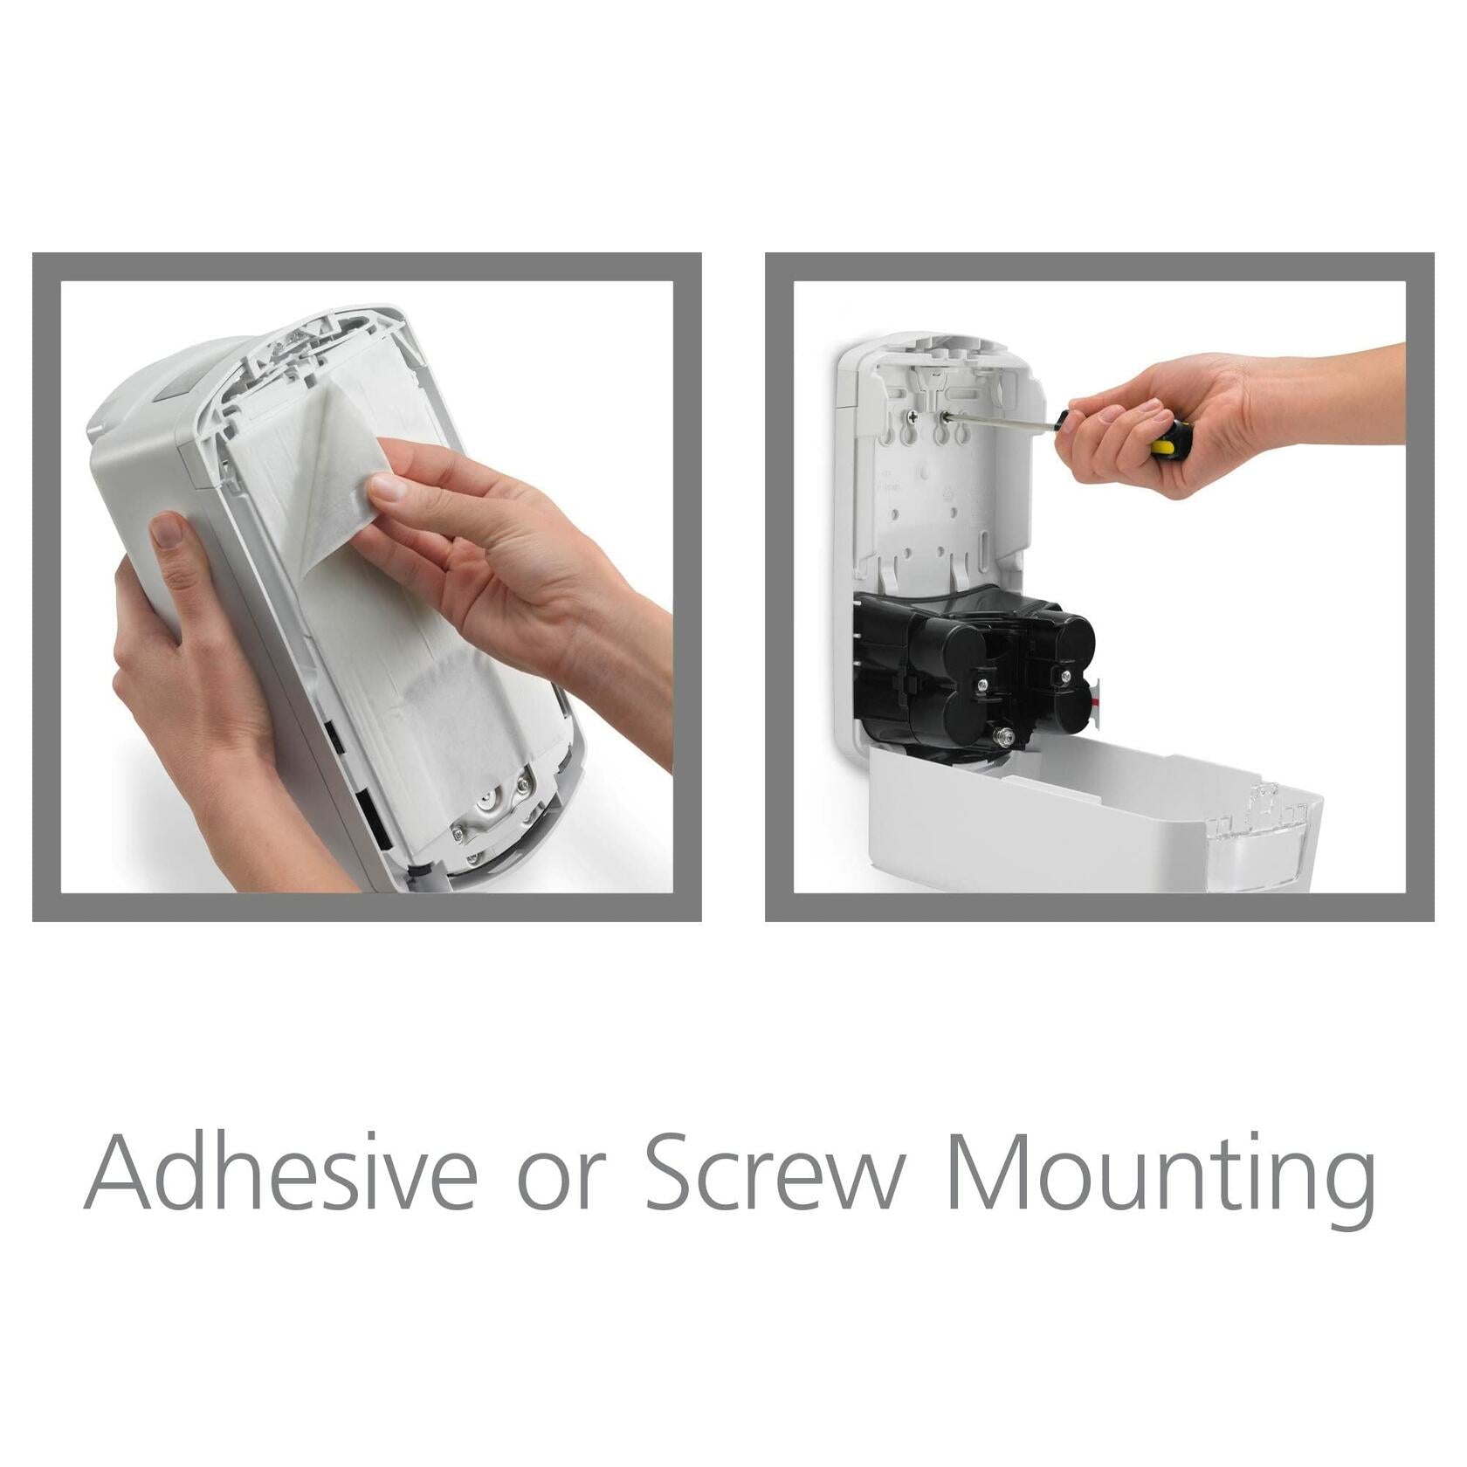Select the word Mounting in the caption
pyautogui.click(x=1161, y=1179)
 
